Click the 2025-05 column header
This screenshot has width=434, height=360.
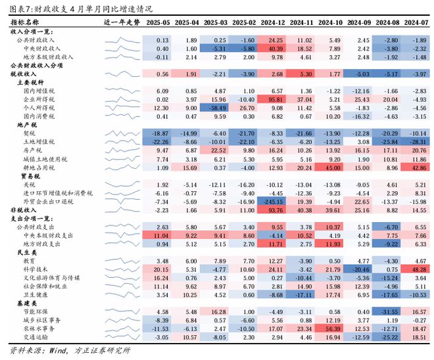point(158,22)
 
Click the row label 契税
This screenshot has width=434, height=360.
point(30,133)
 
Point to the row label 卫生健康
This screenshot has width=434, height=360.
point(36,295)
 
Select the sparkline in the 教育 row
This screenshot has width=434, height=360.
point(122,261)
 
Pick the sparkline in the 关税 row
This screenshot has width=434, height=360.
point(122,185)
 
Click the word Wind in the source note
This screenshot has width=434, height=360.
point(60,349)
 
